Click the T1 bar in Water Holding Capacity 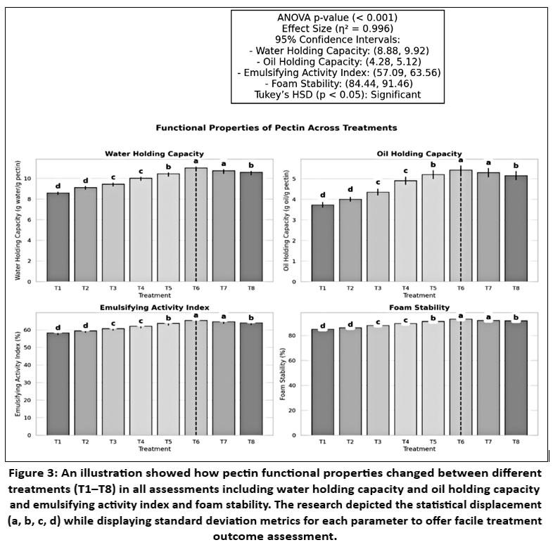pos(58,237)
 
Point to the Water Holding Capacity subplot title pos(153,153)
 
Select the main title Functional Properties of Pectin pos(276,128)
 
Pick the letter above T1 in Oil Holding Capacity pos(322,195)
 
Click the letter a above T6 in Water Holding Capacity pos(195,161)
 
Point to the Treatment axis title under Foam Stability pos(419,449)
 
